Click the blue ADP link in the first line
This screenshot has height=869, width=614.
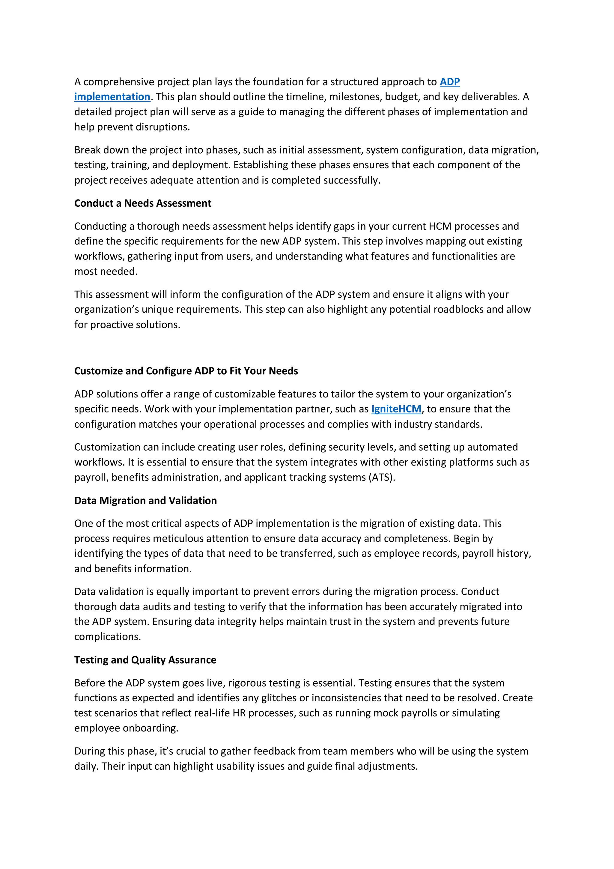pyautogui.click(x=449, y=82)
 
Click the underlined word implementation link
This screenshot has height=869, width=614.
pyautogui.click(x=112, y=97)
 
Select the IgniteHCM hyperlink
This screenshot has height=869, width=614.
pyautogui.click(x=396, y=409)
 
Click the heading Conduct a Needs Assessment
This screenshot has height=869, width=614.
pyautogui.click(x=143, y=203)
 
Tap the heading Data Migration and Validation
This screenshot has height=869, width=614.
pyautogui.click(x=145, y=500)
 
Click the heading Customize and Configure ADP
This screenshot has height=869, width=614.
pyautogui.click(x=186, y=371)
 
